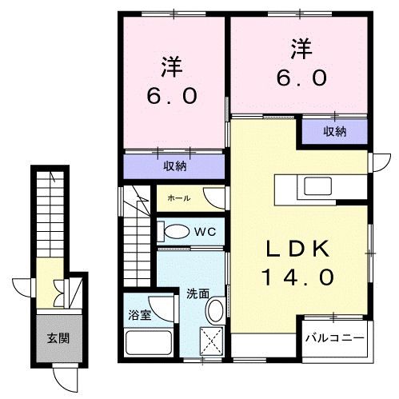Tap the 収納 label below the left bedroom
pos(174,166)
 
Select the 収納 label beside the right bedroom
pos(334,131)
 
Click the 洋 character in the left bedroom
pos(171,63)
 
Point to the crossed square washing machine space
pos(212,340)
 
